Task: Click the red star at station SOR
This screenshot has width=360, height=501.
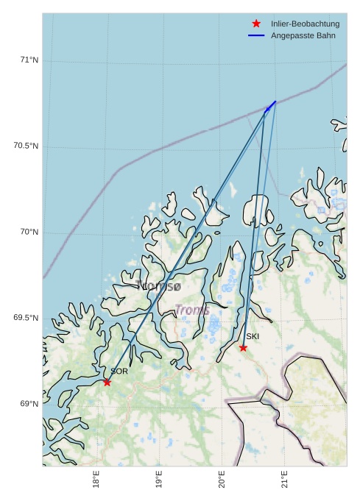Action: tap(107, 382)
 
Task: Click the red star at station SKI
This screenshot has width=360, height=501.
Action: tap(243, 347)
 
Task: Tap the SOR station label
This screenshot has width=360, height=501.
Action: tap(119, 372)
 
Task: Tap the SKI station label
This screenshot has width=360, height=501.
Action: tap(253, 336)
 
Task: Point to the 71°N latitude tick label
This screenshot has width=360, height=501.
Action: tap(29, 60)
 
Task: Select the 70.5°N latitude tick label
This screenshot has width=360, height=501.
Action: tap(26, 146)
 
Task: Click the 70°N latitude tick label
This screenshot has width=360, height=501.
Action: tap(29, 232)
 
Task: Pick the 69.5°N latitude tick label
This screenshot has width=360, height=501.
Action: tap(26, 319)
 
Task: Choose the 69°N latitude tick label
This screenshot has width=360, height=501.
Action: tap(29, 404)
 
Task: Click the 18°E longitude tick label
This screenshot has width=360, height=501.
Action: tap(96, 480)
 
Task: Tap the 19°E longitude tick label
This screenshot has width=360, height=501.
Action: tap(160, 480)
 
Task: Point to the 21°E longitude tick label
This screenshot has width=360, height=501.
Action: tap(284, 480)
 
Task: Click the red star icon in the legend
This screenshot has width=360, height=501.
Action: tap(256, 24)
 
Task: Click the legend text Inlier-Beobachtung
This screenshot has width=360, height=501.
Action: tap(305, 24)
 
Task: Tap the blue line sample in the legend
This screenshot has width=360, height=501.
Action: tap(256, 36)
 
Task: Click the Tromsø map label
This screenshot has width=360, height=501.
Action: tap(158, 286)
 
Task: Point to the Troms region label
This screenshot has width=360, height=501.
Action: tap(192, 310)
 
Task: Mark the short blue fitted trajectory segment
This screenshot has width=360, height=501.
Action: tap(271, 106)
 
